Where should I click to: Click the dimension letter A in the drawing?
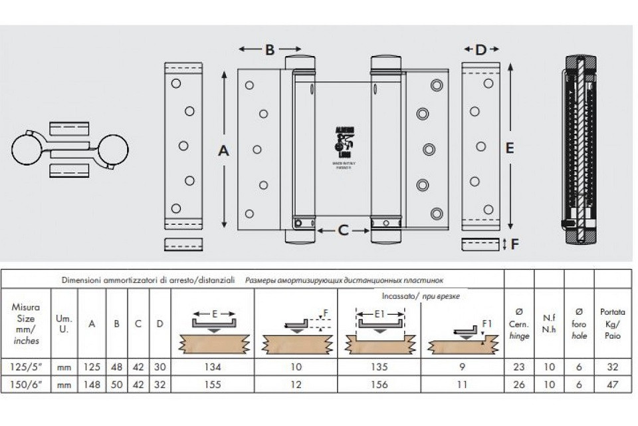pyautogui.click(x=224, y=151)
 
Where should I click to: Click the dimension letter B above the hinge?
pyautogui.click(x=269, y=49)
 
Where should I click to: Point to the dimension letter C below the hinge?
pyautogui.click(x=343, y=230)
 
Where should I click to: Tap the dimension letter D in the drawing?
pyautogui.click(x=480, y=49)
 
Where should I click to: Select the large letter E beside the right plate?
pyautogui.click(x=510, y=148)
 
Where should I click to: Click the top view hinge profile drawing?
pyautogui.click(x=70, y=149)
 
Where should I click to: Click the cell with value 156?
pyautogui.click(x=380, y=385)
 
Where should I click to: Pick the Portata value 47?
pyautogui.click(x=613, y=385)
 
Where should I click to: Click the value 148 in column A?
pyautogui.click(x=92, y=385)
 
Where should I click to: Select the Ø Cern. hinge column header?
pyautogui.click(x=518, y=323)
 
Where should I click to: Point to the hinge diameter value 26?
pyautogui.click(x=518, y=385)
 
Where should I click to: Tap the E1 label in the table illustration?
pyautogui.click(x=379, y=312)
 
